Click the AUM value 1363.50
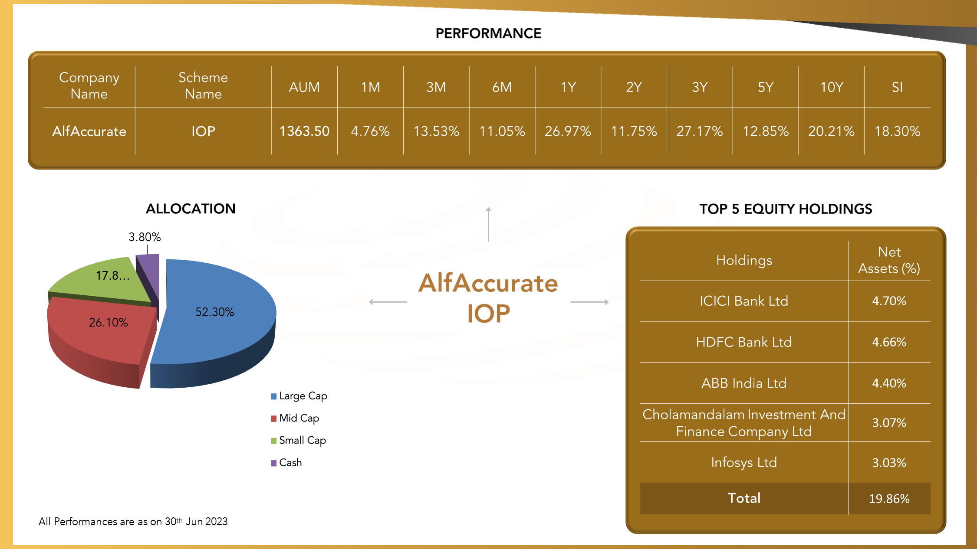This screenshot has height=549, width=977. point(304,131)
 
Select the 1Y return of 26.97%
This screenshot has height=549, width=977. point(568,131)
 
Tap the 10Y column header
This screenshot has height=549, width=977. point(831,87)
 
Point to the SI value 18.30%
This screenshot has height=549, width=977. point(897,131)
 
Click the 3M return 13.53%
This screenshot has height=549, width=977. point(436,131)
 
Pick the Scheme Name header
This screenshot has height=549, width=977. point(203,85)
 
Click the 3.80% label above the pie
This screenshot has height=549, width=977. point(145,237)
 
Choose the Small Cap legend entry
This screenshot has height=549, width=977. point(298,440)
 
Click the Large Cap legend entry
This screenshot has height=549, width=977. point(299,396)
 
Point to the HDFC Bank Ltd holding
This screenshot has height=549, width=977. point(743,342)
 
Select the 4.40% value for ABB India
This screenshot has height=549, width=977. point(889,383)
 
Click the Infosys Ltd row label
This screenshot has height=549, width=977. point(743,462)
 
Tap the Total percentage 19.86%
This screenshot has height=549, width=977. point(889,499)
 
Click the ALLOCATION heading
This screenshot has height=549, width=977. point(191,209)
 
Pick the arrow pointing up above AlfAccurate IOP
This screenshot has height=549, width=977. point(488,224)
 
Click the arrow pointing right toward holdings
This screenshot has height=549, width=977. point(589,302)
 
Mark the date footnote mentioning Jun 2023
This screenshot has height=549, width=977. point(133,521)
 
